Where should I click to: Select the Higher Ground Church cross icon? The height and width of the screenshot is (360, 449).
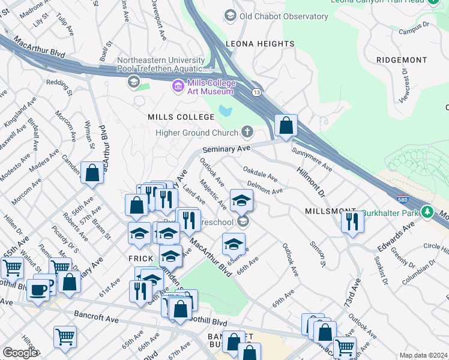pos(247,132)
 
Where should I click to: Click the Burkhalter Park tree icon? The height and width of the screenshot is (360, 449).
pos(427,212)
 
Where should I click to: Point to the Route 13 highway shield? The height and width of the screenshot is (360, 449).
pos(256,92)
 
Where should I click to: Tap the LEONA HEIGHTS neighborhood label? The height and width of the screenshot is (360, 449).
pos(260,44)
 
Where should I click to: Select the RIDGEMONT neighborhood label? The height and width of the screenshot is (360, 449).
pos(402,60)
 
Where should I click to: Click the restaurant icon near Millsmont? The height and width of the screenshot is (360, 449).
pos(352,221)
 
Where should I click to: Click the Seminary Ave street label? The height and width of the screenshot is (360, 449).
pos(226,148)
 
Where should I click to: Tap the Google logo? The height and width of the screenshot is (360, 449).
pos(20,353)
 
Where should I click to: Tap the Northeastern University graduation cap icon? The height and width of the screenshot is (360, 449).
pos(133,81)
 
